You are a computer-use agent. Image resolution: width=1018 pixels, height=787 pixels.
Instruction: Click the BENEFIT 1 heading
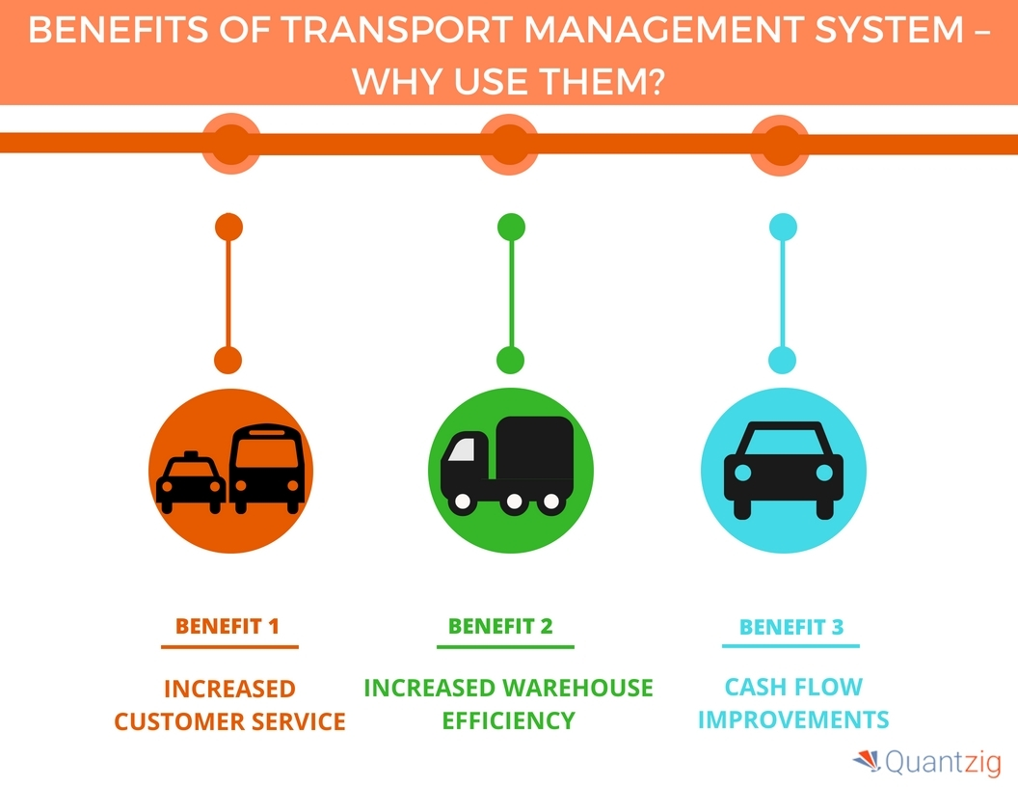tap(228, 626)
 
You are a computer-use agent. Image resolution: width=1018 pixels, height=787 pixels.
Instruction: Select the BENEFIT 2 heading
tap(500, 626)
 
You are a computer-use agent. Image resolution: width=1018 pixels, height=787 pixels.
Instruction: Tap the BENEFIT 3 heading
tap(790, 627)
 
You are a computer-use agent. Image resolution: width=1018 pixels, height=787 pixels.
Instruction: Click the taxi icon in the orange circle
tap(190, 481)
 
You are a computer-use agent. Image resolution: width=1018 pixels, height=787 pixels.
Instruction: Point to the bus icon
tap(267, 470)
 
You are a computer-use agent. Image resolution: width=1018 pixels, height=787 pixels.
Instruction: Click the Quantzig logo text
tap(941, 764)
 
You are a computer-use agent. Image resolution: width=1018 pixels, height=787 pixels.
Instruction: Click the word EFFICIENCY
tap(508, 720)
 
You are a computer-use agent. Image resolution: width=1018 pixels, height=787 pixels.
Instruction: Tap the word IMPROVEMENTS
tap(792, 719)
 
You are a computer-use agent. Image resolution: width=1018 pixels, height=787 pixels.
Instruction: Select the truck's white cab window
tap(463, 449)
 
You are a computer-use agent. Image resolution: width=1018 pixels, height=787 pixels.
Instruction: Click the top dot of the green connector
tap(511, 228)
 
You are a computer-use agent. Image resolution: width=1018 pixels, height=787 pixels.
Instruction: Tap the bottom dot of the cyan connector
tap(782, 361)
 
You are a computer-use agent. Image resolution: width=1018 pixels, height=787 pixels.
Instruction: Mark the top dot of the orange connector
tap(228, 228)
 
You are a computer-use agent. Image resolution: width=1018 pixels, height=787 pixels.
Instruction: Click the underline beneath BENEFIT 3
tap(790, 646)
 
